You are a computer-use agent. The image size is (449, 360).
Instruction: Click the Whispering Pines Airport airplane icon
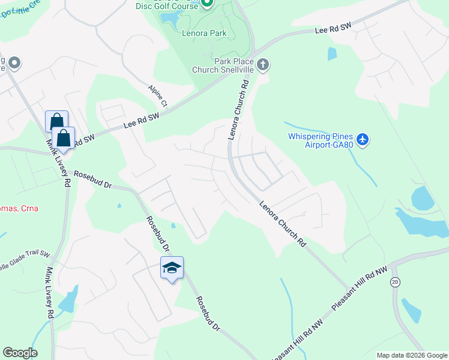pos(362,140)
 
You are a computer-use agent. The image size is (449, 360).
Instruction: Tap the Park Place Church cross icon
pos(262,64)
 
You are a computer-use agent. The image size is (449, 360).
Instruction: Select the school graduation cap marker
pos(172,268)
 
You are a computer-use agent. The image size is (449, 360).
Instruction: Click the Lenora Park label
pos(204,34)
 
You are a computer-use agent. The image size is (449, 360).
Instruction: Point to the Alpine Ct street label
pos(158,96)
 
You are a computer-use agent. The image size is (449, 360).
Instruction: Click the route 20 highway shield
pos(395,283)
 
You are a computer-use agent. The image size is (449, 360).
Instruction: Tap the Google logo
pos(20,353)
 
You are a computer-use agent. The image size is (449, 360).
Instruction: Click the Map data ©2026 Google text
pos(412,355)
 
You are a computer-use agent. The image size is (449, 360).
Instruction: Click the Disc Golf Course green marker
pos(206,4)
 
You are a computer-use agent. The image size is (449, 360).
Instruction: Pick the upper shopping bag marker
pos(56,121)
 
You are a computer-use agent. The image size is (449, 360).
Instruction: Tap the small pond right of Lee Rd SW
pos(332,54)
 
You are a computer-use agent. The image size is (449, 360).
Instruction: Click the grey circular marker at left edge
pos(14,62)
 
